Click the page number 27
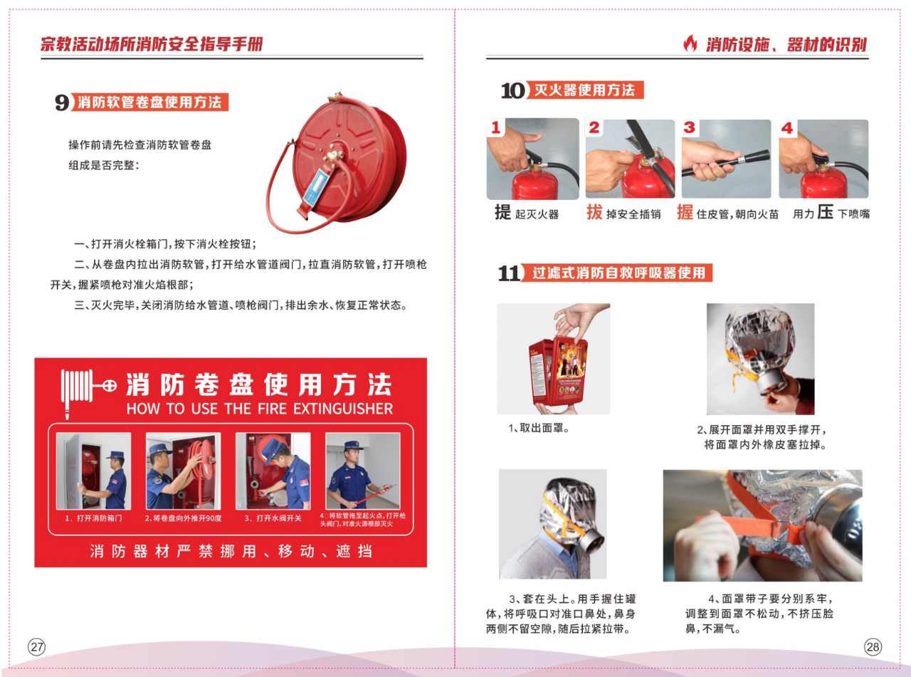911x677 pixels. click(36, 647)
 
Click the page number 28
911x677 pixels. click(873, 647)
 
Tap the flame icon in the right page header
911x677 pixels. click(690, 43)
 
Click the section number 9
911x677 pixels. click(62, 102)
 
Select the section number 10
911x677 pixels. click(512, 90)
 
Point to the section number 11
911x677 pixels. click(510, 273)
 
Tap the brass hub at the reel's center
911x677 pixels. click(335, 156)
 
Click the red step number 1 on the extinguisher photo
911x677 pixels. click(496, 127)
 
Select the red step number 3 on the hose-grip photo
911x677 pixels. click(689, 127)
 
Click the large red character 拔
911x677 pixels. click(594, 212)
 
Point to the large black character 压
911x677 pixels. click(825, 212)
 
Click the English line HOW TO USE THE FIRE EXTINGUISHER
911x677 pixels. click(260, 409)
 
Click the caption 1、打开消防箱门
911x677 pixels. click(93, 518)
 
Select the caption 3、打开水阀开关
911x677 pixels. click(273, 518)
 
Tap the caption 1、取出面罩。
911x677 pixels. click(539, 429)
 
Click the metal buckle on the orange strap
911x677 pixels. click(777, 530)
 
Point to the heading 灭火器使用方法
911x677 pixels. click(584, 90)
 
